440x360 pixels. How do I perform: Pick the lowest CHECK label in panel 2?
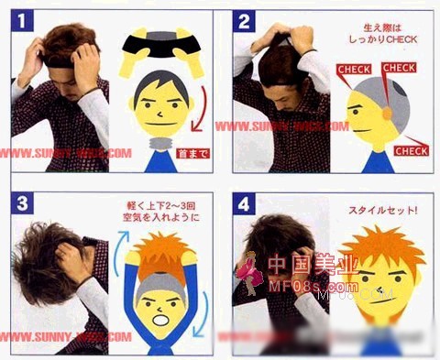click(411, 151)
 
